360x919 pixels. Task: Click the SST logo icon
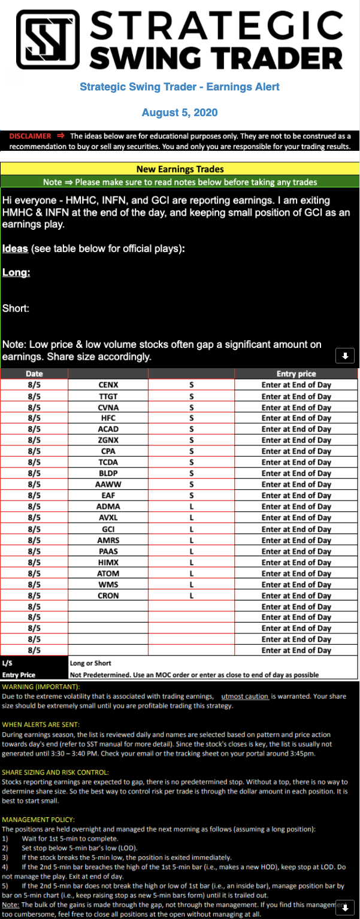49,40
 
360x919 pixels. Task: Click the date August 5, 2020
180,113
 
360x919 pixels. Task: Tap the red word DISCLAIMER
30,136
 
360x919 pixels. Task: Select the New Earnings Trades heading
180,169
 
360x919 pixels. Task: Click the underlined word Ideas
15,248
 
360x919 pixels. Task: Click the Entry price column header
296,374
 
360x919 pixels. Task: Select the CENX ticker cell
108,385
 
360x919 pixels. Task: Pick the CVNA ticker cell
108,407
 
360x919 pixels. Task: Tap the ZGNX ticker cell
108,440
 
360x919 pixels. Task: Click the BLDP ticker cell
108,474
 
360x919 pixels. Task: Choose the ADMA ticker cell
108,506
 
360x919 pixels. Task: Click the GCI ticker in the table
108,529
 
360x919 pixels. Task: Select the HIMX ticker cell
108,562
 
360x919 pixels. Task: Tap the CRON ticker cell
108,596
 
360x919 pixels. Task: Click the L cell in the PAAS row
191,551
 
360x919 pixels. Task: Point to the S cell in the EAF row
191,496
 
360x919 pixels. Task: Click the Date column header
34,374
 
